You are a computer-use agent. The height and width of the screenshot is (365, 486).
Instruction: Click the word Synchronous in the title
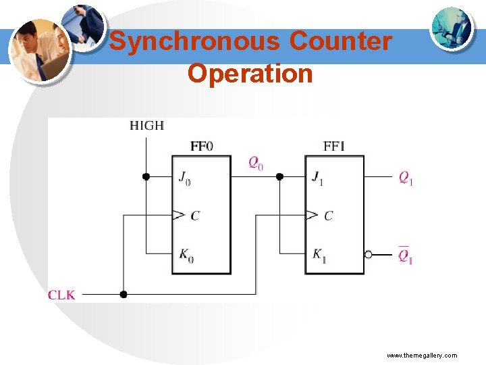tap(194, 41)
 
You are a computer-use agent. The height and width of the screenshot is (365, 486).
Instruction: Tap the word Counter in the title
tap(340, 41)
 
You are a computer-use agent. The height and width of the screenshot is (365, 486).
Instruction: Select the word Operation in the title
tap(250, 72)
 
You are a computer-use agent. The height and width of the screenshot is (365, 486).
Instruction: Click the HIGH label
tap(146, 125)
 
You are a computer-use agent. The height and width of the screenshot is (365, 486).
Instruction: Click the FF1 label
tap(334, 146)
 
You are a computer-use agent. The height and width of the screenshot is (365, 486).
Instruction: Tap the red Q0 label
tap(256, 162)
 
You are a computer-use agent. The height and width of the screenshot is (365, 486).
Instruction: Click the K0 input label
tap(184, 255)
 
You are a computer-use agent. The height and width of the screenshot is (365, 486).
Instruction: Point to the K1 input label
tap(318, 255)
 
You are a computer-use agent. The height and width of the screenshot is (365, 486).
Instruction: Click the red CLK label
tap(61, 295)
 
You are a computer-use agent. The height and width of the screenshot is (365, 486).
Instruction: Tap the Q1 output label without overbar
tap(406, 178)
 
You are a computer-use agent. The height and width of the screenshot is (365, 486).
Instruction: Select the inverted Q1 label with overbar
tap(406, 256)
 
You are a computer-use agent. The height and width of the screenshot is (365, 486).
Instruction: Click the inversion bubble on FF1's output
tap(368, 255)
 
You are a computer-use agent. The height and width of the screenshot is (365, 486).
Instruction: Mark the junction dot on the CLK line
tap(123, 294)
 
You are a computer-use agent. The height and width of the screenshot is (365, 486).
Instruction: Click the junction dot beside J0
tap(146, 176)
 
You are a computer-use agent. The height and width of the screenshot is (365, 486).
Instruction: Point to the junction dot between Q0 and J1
tap(279, 176)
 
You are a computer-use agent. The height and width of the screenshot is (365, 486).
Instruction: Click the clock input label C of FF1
tap(329, 216)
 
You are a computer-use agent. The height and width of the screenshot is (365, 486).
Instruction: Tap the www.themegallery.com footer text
tap(422, 355)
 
